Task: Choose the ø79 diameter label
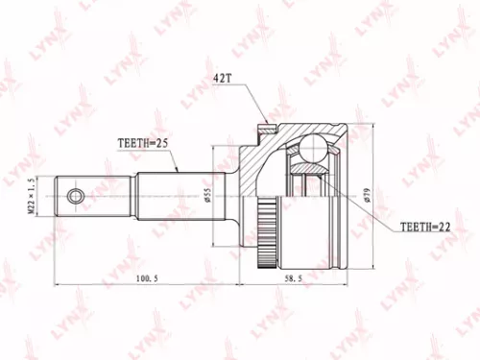pos(367,197)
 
